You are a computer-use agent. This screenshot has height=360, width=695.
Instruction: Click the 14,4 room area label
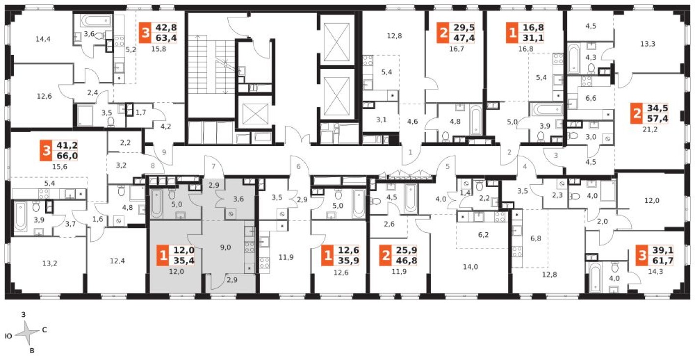click(x=44, y=38)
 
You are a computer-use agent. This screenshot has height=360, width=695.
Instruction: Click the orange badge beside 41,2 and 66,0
click(x=47, y=151)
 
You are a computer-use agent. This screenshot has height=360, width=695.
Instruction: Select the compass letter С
click(x=44, y=330)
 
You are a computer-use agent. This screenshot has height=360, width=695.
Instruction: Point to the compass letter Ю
click(x=8, y=336)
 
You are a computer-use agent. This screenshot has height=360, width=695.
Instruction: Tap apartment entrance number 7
click(x=214, y=166)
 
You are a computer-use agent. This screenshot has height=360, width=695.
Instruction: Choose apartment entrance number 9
click(x=164, y=152)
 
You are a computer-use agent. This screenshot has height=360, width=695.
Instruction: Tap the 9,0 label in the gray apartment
click(x=225, y=248)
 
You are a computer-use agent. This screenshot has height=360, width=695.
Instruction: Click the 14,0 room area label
click(x=470, y=267)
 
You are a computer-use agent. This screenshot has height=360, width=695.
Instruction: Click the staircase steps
click(x=209, y=64)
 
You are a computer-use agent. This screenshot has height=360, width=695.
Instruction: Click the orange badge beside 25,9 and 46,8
click(x=387, y=256)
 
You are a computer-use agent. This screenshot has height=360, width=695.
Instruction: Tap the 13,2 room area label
click(x=50, y=263)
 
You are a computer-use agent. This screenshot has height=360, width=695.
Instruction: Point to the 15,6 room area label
click(x=59, y=166)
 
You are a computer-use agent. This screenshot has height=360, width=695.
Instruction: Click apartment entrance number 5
click(x=448, y=166)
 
